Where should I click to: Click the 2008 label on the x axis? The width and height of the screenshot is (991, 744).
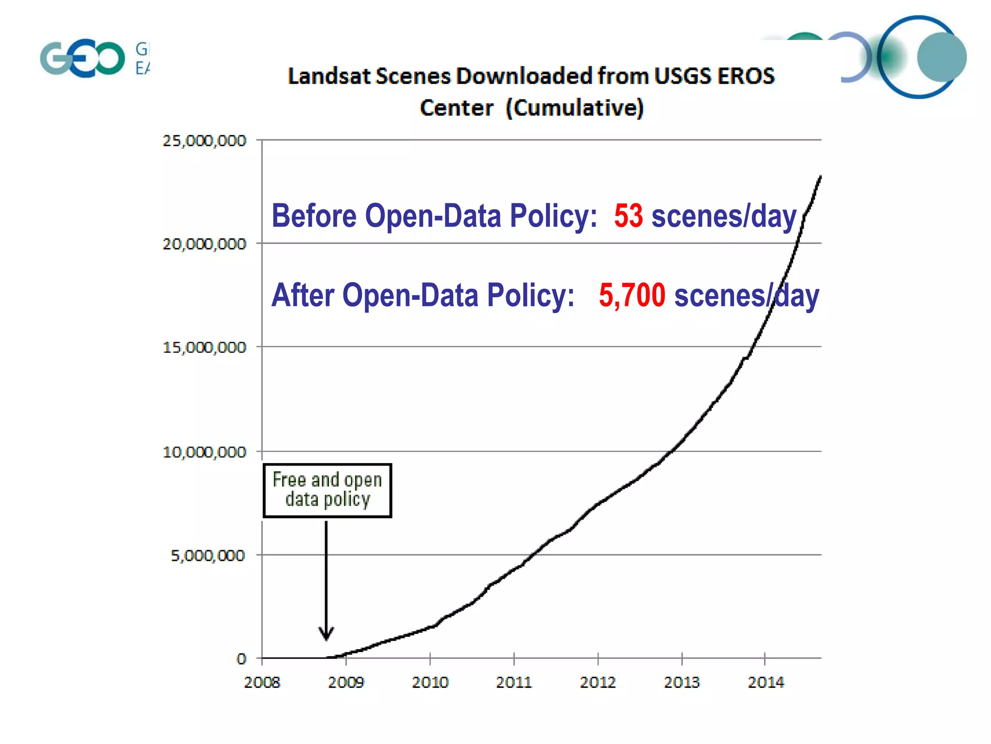(262, 682)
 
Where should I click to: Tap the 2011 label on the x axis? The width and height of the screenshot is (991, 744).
(513, 682)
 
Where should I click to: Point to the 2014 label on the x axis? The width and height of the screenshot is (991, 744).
(766, 682)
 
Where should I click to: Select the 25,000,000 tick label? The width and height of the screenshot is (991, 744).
(204, 141)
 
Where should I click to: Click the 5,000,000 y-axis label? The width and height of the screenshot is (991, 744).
(208, 556)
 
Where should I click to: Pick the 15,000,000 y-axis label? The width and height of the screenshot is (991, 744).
(204, 347)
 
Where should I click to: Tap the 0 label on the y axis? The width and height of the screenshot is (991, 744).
(241, 659)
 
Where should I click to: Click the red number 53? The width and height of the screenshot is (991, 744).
(628, 216)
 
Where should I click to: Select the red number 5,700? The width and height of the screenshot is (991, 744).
(632, 295)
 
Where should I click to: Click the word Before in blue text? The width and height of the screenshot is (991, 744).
(314, 216)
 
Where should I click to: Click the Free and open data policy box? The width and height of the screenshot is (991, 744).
(327, 490)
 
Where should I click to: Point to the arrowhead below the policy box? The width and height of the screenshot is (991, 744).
(326, 633)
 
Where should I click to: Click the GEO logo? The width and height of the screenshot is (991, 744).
(83, 58)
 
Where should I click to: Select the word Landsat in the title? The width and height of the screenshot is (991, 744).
(329, 76)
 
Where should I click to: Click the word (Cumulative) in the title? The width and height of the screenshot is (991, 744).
(575, 108)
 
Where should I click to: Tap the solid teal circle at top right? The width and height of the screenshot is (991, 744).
(941, 57)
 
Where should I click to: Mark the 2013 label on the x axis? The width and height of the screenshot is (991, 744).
(681, 682)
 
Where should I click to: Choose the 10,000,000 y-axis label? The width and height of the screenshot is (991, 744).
(204, 452)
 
